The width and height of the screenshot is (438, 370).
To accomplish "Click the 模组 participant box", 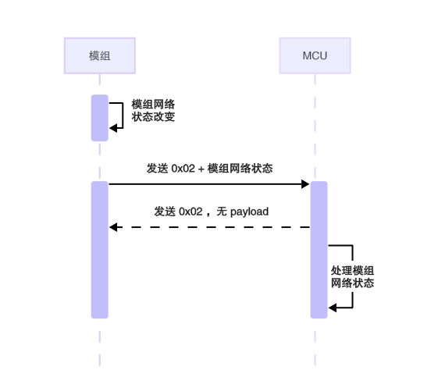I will pyautogui.click(x=99, y=55).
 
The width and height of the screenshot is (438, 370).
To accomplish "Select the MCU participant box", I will pyautogui.click(x=315, y=55).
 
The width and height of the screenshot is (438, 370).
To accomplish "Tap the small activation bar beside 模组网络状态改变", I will pyautogui.click(x=99, y=118).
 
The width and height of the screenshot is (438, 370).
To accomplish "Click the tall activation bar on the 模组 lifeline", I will pyautogui.click(x=99, y=250).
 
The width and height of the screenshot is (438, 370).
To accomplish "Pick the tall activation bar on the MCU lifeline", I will pyautogui.click(x=319, y=250).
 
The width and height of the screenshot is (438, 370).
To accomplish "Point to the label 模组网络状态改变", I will pyautogui.click(x=153, y=111).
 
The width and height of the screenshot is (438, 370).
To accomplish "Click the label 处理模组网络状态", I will pyautogui.click(x=353, y=276).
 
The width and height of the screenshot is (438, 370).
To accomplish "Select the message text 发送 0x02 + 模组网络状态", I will pyautogui.click(x=209, y=169).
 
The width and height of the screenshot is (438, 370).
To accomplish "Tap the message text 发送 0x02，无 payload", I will pyautogui.click(x=211, y=212).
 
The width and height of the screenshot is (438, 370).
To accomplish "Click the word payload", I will pyautogui.click(x=249, y=212).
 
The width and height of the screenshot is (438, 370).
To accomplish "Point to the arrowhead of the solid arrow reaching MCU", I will pyautogui.click(x=306, y=184).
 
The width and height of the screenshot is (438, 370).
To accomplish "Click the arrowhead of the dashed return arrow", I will pyautogui.click(x=113, y=227).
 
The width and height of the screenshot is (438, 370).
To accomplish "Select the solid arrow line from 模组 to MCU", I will pyautogui.click(x=207, y=184).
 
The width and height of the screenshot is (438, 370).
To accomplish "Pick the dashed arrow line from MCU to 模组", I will pyautogui.click(x=211, y=227).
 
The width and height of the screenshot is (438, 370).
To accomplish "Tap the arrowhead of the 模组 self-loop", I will pyautogui.click(x=113, y=129).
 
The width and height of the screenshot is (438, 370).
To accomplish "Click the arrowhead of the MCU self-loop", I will pyautogui.click(x=332, y=308).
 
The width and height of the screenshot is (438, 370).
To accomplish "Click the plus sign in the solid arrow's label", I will pyautogui.click(x=201, y=169).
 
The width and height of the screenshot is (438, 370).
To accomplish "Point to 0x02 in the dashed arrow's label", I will pyautogui.click(x=191, y=212).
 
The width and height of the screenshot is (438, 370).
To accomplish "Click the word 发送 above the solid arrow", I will pyautogui.click(x=156, y=169).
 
